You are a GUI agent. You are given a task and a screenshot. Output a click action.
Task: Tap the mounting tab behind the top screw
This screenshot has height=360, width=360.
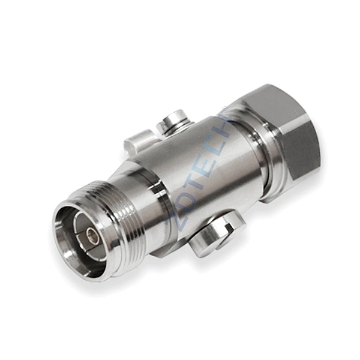tap(137, 144)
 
